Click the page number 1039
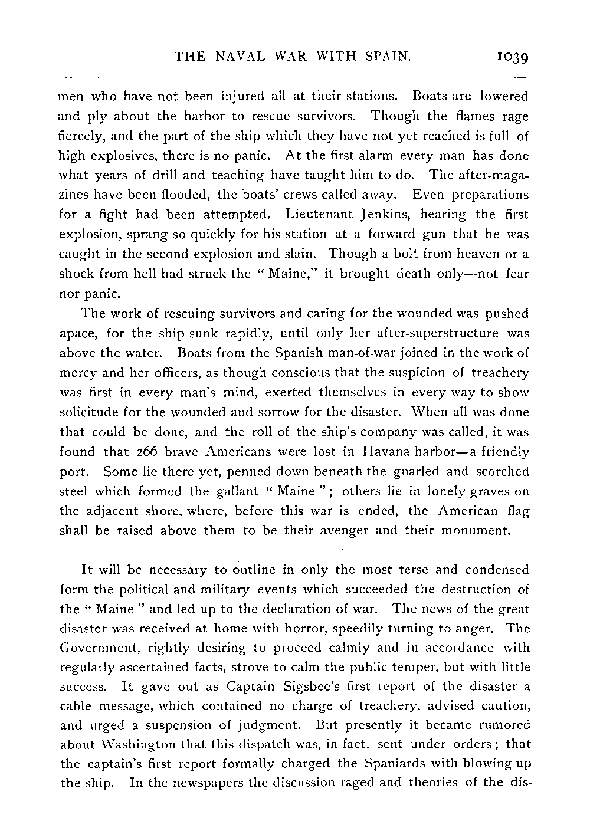(511, 57)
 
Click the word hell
(162, 274)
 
